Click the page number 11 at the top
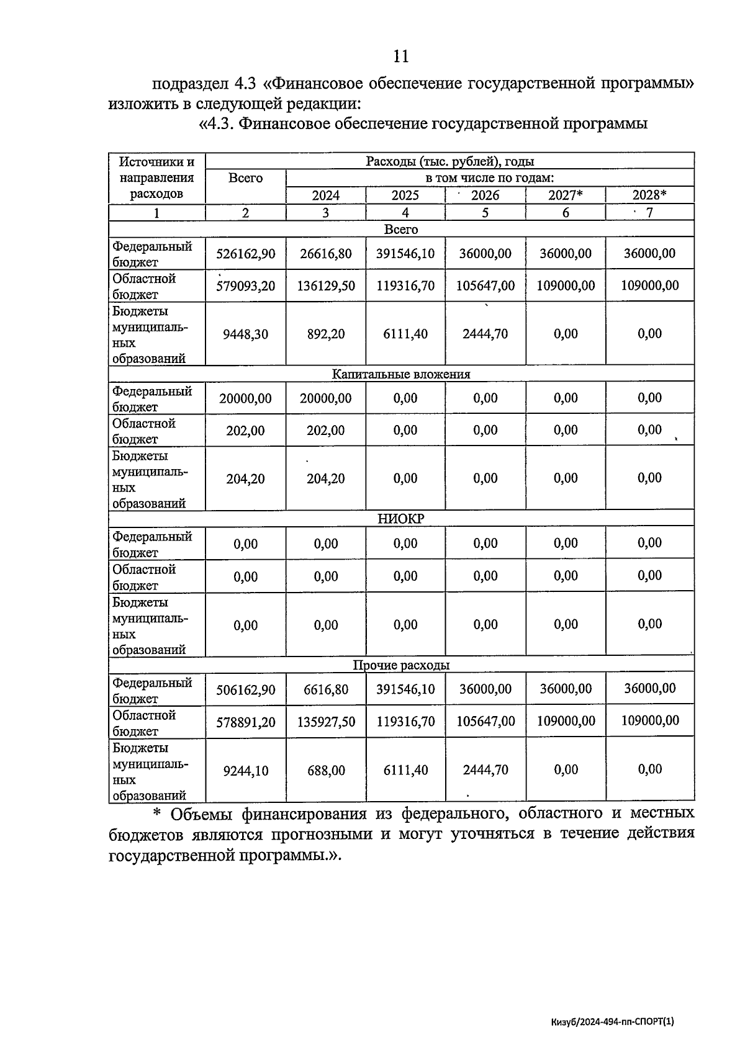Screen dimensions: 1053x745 [401, 56]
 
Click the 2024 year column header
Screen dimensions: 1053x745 [325, 195]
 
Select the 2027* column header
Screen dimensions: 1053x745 [565, 195]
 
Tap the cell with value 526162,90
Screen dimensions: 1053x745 [245, 254]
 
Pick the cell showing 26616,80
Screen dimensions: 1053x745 [325, 254]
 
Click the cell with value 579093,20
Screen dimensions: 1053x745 [245, 286]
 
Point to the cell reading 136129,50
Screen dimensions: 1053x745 [325, 286]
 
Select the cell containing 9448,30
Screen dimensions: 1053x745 [245, 334]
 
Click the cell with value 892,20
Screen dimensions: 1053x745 [325, 334]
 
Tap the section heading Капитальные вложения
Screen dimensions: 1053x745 [401, 374]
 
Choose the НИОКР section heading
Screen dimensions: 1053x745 [401, 519]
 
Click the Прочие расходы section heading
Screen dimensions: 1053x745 [401, 665]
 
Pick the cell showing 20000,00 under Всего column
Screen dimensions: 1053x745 [245, 398]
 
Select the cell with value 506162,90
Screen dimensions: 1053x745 [245, 689]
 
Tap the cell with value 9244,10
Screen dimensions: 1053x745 [245, 771]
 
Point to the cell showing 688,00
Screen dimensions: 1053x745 [325, 771]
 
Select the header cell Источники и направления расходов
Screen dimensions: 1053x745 [156, 178]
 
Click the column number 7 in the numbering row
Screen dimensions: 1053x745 [649, 213]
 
